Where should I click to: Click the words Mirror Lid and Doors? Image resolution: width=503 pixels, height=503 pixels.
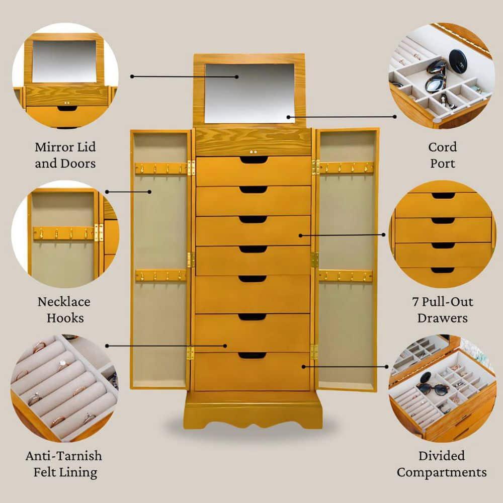tap(65, 155)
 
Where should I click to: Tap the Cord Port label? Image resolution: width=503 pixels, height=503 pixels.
tap(442, 155)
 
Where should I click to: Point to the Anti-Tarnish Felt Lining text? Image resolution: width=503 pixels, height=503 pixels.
tap(64, 464)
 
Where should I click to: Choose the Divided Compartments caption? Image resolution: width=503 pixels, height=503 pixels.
tap(441, 464)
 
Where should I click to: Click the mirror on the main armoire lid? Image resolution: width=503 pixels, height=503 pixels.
tap(249, 93)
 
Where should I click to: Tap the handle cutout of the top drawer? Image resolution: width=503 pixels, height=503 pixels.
tap(253, 160)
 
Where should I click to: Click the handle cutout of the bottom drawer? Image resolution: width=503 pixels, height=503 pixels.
tap(252, 356)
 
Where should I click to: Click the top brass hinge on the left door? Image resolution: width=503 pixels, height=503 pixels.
tap(191, 167)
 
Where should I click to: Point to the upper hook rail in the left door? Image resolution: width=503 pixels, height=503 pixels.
tap(161, 169)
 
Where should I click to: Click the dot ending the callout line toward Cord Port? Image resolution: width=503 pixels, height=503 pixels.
tap(395, 117)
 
